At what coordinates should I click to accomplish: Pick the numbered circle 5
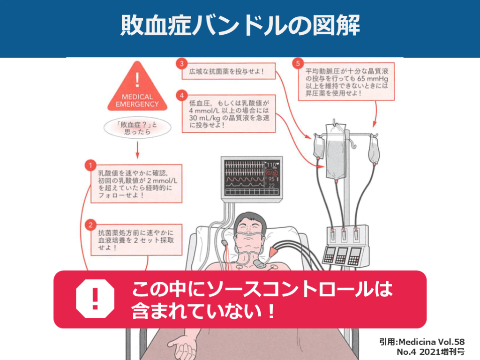pyautogui.click(x=296, y=63)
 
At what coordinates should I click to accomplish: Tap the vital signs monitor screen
pyautogui.click(x=251, y=177)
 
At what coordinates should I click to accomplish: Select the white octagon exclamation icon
pyautogui.click(x=95, y=298)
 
